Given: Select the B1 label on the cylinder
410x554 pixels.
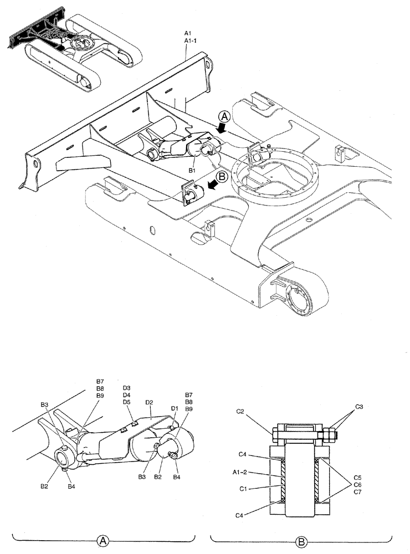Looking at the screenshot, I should pyautogui.click(x=192, y=172).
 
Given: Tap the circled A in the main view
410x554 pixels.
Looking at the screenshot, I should pyautogui.click(x=224, y=117).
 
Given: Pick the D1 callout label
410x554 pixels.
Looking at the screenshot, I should pyautogui.click(x=174, y=409).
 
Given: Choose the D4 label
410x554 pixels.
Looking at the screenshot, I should pyautogui.click(x=126, y=395).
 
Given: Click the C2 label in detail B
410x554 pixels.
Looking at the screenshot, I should pyautogui.click(x=240, y=412).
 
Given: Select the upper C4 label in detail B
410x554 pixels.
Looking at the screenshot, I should pyautogui.click(x=242, y=455).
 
